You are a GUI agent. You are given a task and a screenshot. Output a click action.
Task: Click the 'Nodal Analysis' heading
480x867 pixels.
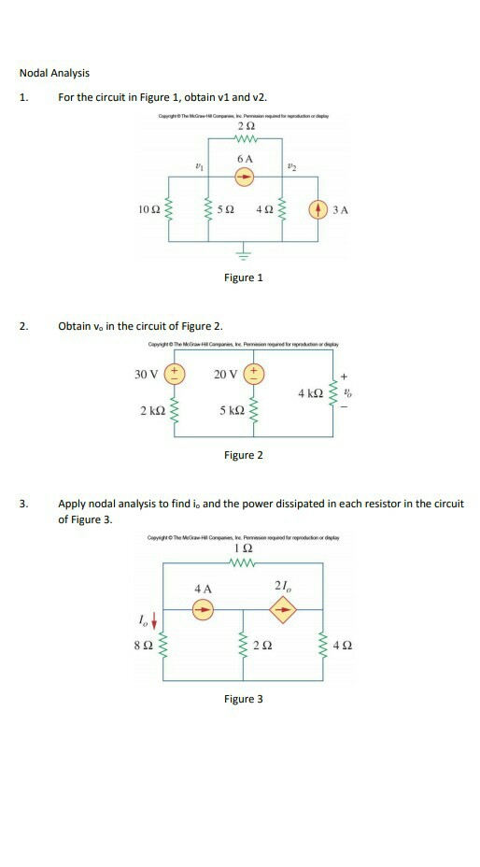tap(55, 73)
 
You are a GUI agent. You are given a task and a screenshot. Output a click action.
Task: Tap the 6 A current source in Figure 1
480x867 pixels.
tap(245, 179)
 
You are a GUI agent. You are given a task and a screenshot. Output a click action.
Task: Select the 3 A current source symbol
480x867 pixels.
tap(317, 208)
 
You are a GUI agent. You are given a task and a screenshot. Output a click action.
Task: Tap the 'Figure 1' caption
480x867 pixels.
tap(244, 277)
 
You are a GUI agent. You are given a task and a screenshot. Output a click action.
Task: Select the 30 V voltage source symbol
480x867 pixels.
tap(174, 376)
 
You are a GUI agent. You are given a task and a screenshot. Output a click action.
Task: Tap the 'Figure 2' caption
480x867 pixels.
tap(244, 455)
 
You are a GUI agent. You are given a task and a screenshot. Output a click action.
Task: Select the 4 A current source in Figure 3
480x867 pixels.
tap(202, 608)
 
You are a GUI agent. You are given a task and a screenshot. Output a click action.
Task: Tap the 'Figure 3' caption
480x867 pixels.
tap(244, 698)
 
